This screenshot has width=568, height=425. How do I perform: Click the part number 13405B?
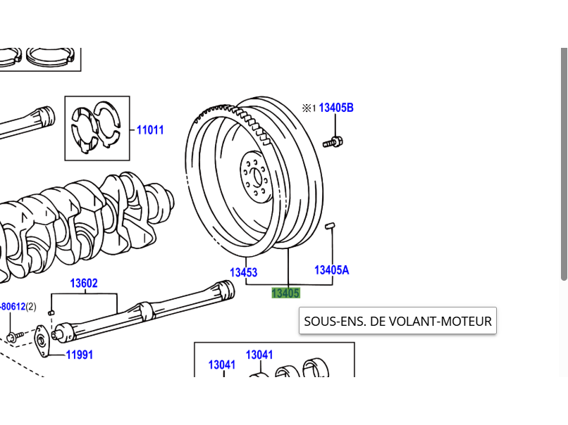(336, 108)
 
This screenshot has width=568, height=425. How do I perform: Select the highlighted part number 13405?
(286, 293)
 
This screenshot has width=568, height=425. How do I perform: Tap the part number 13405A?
(331, 269)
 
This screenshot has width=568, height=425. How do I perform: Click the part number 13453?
(243, 272)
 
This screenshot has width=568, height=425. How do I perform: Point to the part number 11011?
(150, 130)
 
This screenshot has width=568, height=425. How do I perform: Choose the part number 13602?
(84, 283)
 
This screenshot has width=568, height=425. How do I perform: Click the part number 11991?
(80, 355)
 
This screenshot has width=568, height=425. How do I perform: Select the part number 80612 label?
(13, 307)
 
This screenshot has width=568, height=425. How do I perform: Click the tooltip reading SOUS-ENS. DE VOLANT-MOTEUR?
(397, 321)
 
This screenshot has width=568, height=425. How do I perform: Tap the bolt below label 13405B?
(333, 142)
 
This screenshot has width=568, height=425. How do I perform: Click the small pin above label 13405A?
(330, 227)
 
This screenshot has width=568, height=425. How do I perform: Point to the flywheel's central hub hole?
(257, 177)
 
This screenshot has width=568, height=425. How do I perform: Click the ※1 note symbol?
(309, 108)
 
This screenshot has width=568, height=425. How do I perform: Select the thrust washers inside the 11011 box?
(97, 128)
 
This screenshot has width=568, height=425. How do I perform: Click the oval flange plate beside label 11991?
(42, 341)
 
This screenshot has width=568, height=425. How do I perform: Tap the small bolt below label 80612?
(15, 337)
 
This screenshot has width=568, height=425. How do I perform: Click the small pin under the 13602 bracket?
(51, 312)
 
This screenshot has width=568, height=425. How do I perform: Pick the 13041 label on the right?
(259, 355)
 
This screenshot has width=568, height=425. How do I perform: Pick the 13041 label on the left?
(222, 365)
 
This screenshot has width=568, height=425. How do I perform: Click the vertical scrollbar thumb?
(564, 163)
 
